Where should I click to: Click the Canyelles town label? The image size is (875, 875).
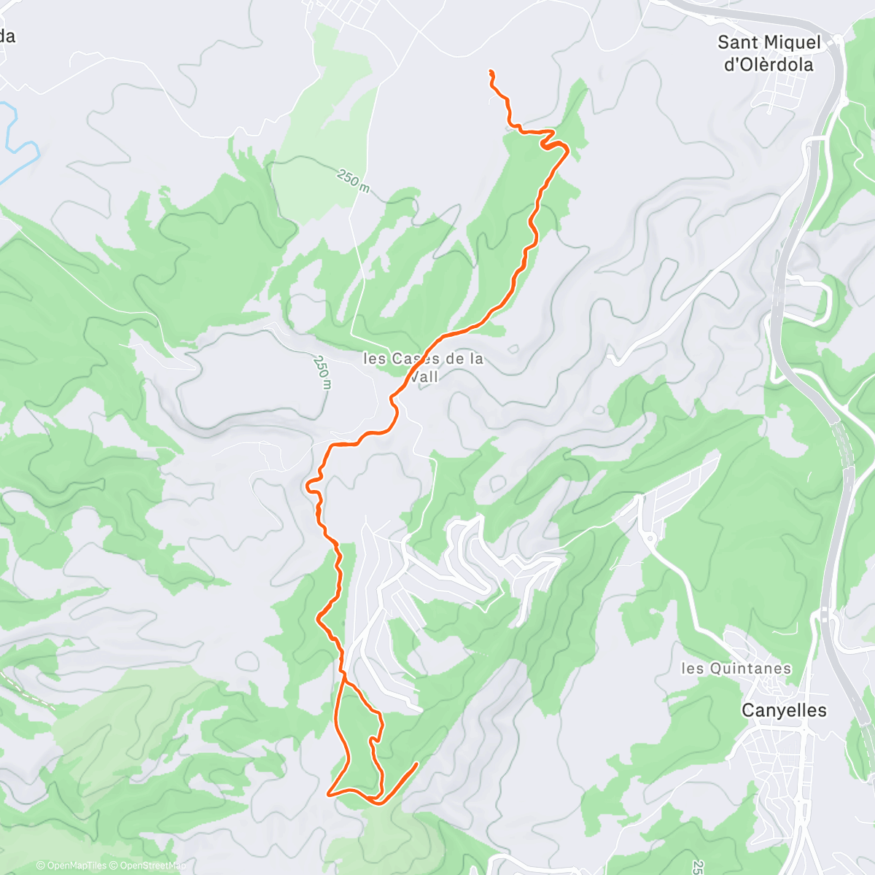784,710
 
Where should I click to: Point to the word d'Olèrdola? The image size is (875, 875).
768,65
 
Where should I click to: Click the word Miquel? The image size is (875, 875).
790,42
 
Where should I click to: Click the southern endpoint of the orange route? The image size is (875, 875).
417,764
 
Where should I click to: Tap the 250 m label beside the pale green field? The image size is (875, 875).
353,180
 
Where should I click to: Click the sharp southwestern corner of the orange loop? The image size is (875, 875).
330,793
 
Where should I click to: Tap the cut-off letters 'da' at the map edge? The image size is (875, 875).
7,36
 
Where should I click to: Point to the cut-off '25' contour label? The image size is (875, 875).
697,867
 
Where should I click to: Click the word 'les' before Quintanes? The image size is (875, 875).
691,669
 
